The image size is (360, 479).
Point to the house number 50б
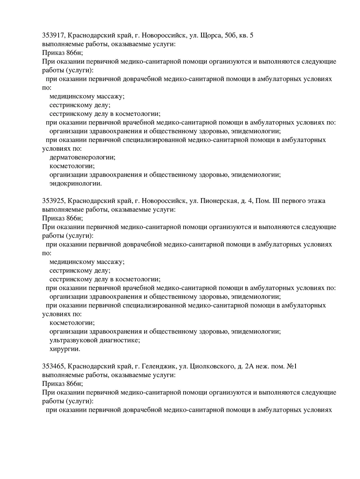click(231, 35)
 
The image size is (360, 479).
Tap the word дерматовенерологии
click(82, 157)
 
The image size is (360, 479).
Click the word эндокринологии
click(76, 183)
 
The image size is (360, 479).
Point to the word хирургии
click(65, 349)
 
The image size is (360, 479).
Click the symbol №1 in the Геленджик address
click(292, 366)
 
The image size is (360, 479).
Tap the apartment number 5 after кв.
click(252, 35)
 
